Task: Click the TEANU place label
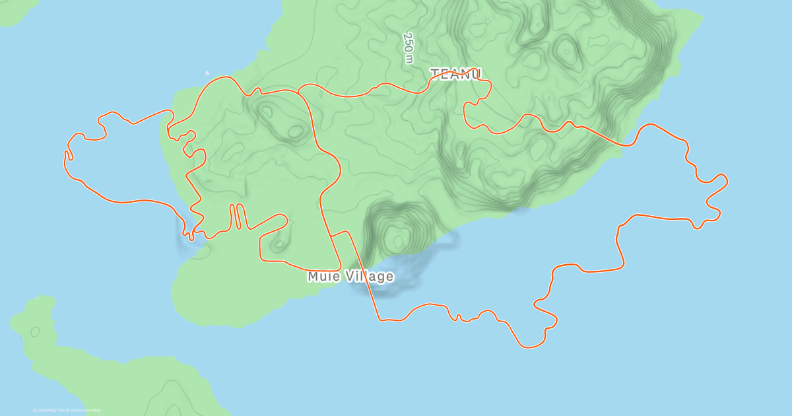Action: tap(456, 74)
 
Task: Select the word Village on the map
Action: tap(368, 277)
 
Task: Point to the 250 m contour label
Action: tap(409, 48)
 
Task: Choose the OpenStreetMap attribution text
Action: tap(84, 411)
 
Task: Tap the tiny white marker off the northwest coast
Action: tap(207, 73)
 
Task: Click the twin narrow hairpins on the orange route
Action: tap(237, 217)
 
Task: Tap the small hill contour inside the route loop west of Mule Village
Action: tap(280, 245)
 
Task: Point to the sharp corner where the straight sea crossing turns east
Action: tap(380, 320)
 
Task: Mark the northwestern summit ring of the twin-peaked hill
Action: tap(267, 112)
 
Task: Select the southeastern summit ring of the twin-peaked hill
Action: tap(296, 132)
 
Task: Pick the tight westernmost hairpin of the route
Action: tap(67, 156)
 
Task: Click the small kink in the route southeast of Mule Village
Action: tap(458, 318)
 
